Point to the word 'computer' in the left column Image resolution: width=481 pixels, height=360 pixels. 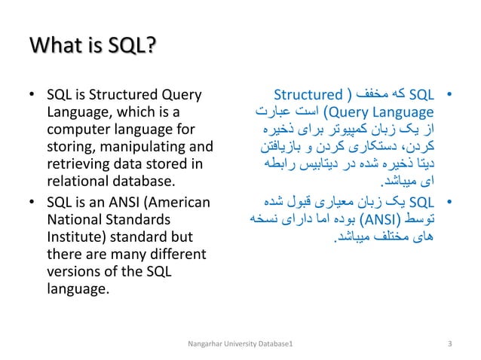tap(73, 130)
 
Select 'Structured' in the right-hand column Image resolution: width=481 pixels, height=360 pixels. tap(308, 95)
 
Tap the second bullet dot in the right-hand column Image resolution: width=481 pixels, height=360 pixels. tap(449, 203)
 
